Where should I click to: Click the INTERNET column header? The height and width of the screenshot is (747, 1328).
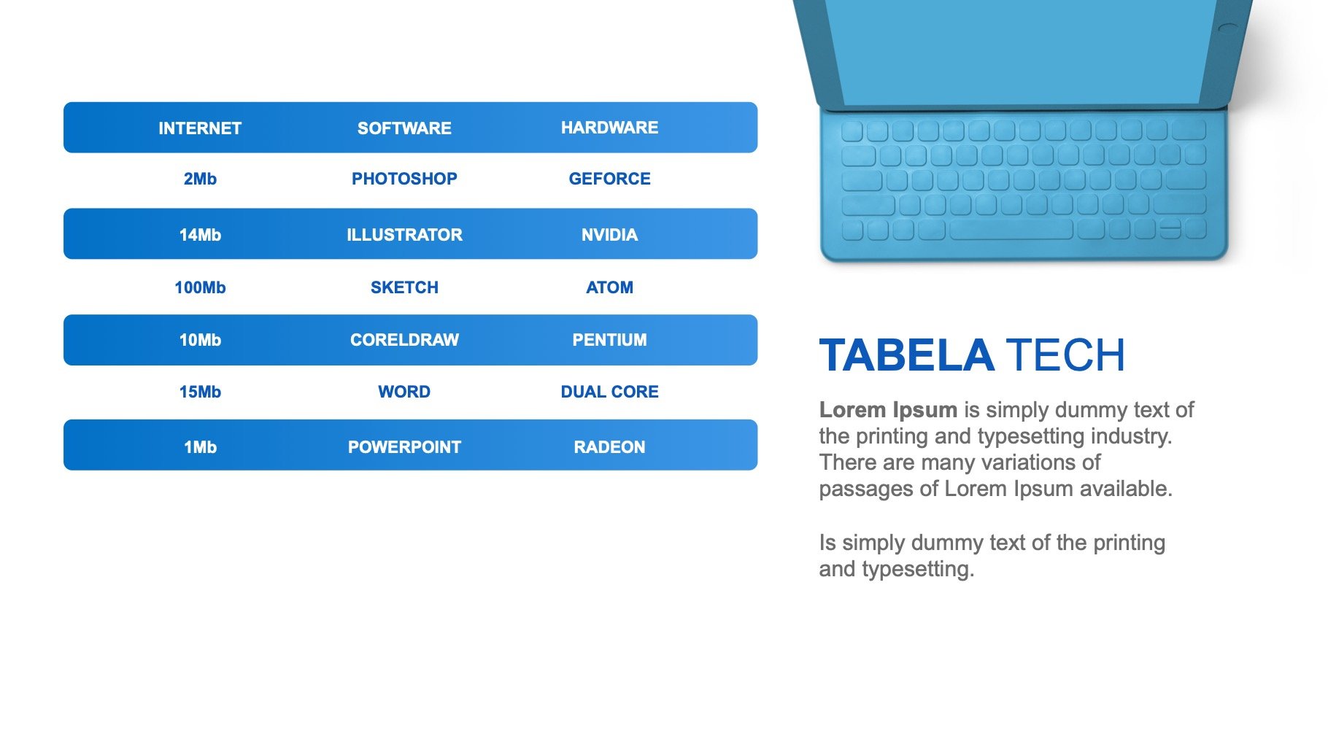[x=200, y=128]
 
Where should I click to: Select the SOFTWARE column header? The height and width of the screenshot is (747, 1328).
[x=404, y=128]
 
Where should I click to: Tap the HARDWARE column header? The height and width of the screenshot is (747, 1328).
[x=609, y=128]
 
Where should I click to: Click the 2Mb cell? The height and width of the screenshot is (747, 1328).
[x=200, y=179]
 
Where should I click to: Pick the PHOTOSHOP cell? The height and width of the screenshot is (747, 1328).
[x=404, y=179]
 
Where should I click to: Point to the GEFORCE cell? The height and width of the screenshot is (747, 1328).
[x=609, y=179]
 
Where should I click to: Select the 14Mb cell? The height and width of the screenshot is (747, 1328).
[x=200, y=235]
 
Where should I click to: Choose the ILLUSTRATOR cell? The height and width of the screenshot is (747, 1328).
[x=404, y=235]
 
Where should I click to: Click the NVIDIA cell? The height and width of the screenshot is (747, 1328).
[x=609, y=235]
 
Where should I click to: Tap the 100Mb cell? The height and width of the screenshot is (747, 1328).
[x=200, y=287]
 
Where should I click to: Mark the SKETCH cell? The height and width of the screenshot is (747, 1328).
[x=404, y=287]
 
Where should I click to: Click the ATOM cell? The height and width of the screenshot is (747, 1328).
[x=609, y=287]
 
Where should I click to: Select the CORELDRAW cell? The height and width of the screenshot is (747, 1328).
[x=404, y=340]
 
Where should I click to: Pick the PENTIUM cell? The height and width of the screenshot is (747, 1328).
[x=609, y=340]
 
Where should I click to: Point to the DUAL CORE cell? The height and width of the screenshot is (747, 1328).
[x=609, y=392]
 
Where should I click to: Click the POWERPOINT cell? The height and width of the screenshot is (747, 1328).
[x=404, y=447]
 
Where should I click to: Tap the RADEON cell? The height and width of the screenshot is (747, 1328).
[x=609, y=447]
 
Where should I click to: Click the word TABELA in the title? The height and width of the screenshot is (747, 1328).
[x=906, y=355]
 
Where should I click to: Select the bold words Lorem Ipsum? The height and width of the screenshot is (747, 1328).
[x=888, y=410]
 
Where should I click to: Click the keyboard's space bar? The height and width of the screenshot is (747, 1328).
[x=1011, y=230]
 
